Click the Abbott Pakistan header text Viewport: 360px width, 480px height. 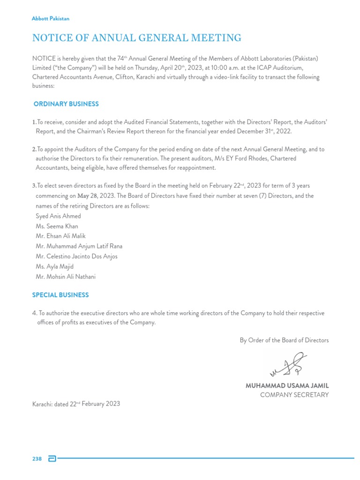50,18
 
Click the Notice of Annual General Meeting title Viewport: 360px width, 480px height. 136,38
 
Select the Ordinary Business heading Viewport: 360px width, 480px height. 66,104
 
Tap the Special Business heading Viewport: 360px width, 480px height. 60,295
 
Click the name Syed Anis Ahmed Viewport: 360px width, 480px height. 58,216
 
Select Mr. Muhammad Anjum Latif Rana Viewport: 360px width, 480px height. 79,246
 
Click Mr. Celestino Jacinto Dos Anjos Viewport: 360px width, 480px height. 76,256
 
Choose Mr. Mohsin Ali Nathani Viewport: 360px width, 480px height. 66,277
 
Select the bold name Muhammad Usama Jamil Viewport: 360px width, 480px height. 287,385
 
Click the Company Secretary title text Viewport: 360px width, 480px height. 294,395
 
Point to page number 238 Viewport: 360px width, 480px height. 37,458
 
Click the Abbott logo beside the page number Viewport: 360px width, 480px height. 52,458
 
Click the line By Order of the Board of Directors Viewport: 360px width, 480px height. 284,340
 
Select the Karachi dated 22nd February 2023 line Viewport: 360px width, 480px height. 76,404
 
